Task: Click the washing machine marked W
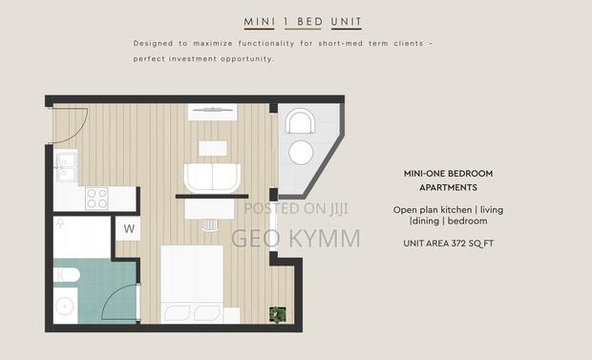(x=129, y=229)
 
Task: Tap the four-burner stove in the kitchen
(x=96, y=198)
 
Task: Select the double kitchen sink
(x=66, y=168)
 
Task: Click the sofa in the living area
(x=212, y=177)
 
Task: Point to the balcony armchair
(x=302, y=123)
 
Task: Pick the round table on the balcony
(x=302, y=153)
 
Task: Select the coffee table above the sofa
(x=212, y=148)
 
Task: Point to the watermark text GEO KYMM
(x=296, y=238)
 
